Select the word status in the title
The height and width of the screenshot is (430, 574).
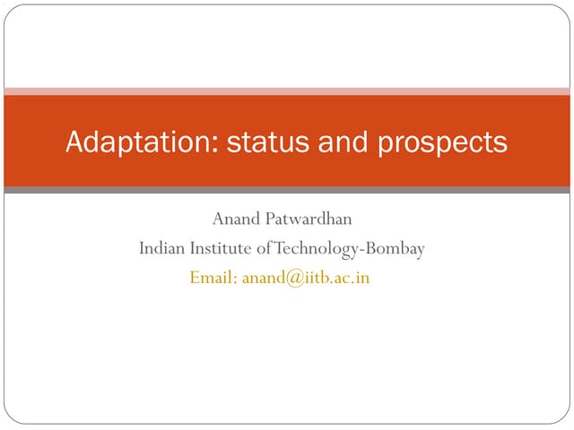tap(256, 142)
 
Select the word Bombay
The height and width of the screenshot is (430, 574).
tap(394, 248)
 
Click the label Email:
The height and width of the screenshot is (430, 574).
tap(213, 278)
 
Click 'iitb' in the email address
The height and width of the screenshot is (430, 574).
tap(314, 278)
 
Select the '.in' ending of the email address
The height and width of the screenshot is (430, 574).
tap(361, 279)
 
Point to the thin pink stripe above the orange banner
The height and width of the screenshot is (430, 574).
tap(287, 90)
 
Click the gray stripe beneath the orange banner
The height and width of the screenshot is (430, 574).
tap(287, 190)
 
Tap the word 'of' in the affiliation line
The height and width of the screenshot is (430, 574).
tap(263, 248)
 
